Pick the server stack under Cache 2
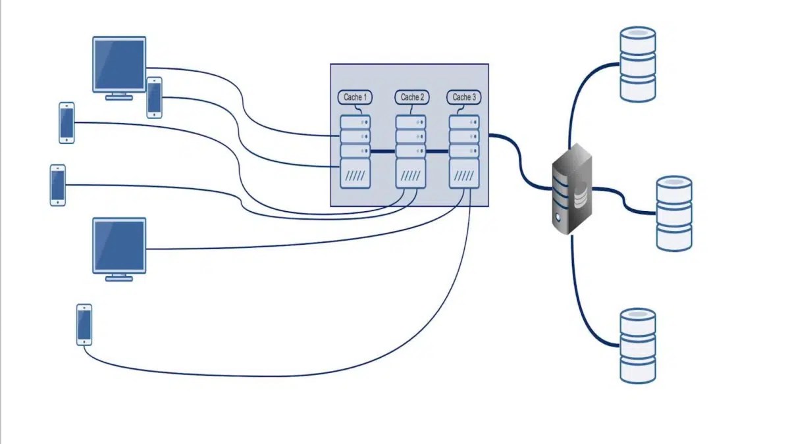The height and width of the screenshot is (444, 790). [x=411, y=151]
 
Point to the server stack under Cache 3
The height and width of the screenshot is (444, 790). [x=464, y=151]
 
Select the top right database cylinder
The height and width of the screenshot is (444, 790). [x=638, y=64]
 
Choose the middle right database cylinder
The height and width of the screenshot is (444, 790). [x=674, y=213]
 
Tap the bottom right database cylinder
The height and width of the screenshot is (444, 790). [x=638, y=345]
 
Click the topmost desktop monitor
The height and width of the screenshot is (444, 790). [x=119, y=64]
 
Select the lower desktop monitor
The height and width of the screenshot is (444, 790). [x=119, y=245]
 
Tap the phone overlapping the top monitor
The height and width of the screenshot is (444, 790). [x=155, y=97]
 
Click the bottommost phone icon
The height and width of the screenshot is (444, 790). [x=84, y=324]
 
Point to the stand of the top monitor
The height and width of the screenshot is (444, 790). [x=119, y=96]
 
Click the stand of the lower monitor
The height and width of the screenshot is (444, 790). [x=119, y=278]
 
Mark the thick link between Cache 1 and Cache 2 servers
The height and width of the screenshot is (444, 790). [x=383, y=151]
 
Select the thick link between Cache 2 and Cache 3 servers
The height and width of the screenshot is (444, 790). [x=438, y=151]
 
